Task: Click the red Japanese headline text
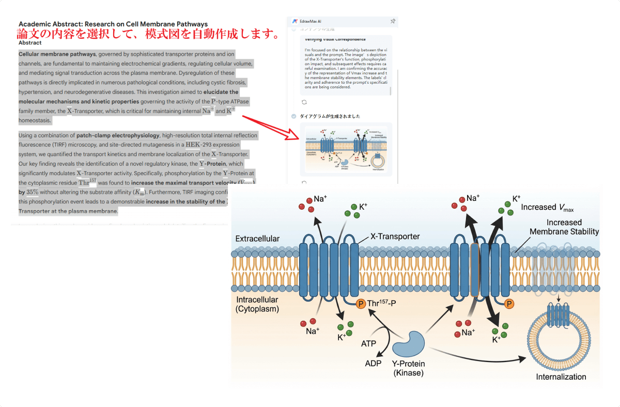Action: tap(148, 35)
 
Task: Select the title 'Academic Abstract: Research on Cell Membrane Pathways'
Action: tap(113, 24)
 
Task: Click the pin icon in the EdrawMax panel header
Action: tap(393, 21)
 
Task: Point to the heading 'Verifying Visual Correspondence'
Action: tap(335, 39)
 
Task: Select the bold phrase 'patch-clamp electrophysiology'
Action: tap(118, 135)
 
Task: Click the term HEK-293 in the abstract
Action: tap(198, 145)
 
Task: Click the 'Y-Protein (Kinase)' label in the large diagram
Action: tap(408, 368)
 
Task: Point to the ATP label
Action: tap(368, 343)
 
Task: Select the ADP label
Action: tap(373, 363)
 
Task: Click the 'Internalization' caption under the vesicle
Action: tap(561, 377)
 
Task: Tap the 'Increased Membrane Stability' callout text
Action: tap(564, 227)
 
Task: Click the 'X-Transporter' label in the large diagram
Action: tap(395, 237)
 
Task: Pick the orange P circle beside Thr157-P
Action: tap(361, 303)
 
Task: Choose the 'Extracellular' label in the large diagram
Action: tap(257, 239)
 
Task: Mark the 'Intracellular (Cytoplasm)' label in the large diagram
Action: tap(257, 304)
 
